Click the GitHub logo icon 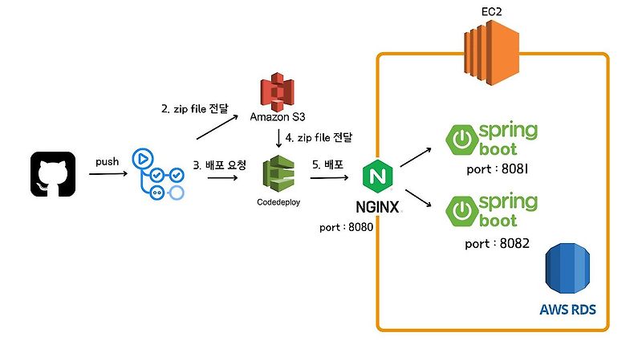53,174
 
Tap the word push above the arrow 108,161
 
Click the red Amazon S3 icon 277,91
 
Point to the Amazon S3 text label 278,117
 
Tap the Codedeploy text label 278,202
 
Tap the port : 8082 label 497,243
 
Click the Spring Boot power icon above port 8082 462,210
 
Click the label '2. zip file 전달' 194,107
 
